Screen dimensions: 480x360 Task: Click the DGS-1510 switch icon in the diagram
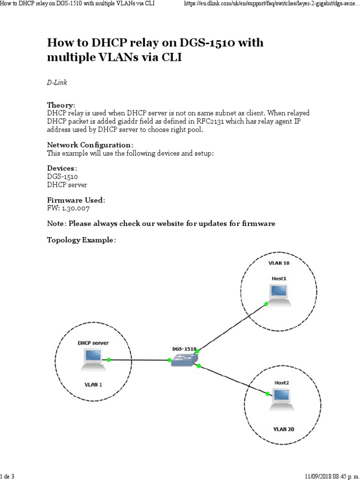click(x=184, y=360)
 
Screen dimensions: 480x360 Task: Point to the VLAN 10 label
click(x=279, y=263)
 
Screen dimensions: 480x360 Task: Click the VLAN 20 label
click(x=284, y=429)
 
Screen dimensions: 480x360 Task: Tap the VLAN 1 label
click(x=93, y=384)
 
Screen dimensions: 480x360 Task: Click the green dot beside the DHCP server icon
click(x=109, y=360)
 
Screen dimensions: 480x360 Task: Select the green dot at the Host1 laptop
click(x=266, y=304)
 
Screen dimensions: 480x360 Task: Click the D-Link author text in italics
click(x=57, y=82)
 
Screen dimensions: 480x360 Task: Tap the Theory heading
click(x=60, y=105)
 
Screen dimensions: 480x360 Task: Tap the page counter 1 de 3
click(x=7, y=476)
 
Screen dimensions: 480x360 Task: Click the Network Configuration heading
click(x=90, y=145)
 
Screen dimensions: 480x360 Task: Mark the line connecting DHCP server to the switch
click(x=139, y=360)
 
